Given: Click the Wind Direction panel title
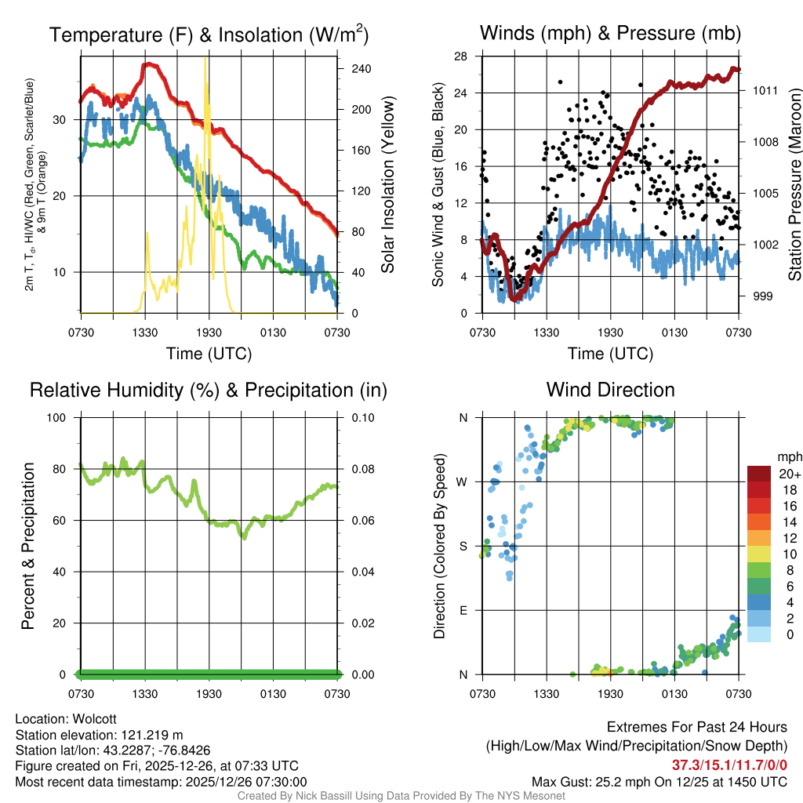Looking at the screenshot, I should [x=610, y=390].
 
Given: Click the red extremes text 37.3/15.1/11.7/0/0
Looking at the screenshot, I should [x=729, y=765].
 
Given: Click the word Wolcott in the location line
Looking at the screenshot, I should [x=95, y=719].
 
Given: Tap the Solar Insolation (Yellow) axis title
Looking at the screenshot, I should [x=387, y=184].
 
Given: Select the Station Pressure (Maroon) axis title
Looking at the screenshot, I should [x=794, y=184].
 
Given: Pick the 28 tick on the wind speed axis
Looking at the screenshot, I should [x=461, y=56].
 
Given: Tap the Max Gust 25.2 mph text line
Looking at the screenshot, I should [x=659, y=781].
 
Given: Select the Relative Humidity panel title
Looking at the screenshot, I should [x=208, y=390].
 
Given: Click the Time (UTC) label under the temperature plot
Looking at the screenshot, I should [x=209, y=354].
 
